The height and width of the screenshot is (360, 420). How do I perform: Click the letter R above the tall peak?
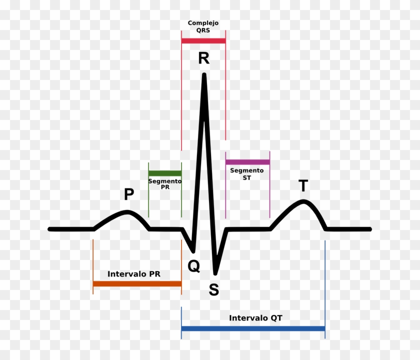coord(203,58)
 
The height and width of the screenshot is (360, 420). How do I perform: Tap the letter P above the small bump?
coord(129,194)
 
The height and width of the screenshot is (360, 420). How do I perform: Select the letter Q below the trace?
coord(193,266)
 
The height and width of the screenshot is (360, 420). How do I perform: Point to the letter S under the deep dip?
coord(214,290)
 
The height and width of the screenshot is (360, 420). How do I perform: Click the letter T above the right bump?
coord(303,186)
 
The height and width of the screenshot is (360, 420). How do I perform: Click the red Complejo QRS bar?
coord(203,40)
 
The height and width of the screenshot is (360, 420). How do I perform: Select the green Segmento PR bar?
coord(165,172)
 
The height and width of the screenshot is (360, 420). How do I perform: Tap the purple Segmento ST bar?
coord(247,162)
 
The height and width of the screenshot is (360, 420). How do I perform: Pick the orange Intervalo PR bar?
coord(137,284)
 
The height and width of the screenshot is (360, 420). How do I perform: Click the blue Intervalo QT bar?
coord(253,328)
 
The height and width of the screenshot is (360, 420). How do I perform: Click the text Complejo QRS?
coord(203,26)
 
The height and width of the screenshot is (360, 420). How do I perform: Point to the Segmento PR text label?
coord(165,183)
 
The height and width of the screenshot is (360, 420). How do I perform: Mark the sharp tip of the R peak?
coord(204,75)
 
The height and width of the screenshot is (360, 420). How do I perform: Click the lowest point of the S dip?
coord(215,273)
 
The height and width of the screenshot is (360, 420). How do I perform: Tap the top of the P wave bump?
coord(128,211)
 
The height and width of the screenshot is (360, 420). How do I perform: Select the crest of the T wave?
coord(303,201)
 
